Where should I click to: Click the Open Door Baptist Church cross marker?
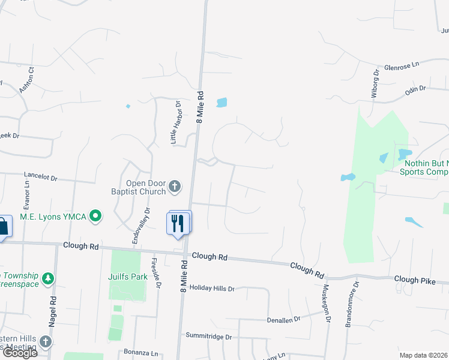click(x=175, y=187)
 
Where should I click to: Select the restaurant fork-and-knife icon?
click(x=178, y=223)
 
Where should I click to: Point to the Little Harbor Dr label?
click(x=175, y=122)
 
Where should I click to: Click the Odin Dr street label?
click(x=415, y=89)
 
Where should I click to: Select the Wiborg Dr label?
click(x=374, y=83)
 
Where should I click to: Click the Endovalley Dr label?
click(x=140, y=226)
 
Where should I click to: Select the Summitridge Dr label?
click(x=208, y=337)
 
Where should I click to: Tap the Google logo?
click(x=19, y=353)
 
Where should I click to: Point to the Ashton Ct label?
click(x=27, y=79)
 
